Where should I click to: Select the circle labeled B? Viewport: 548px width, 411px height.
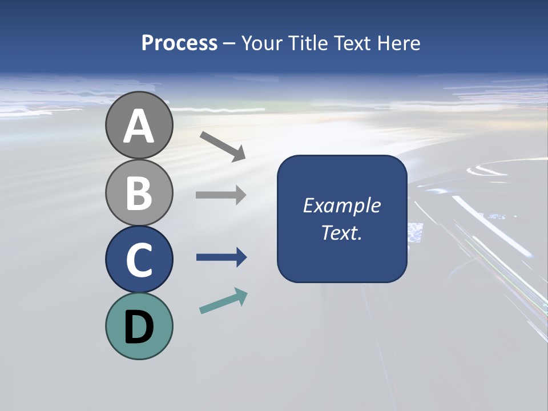click(x=139, y=192)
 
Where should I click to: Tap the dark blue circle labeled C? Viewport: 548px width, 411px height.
click(x=139, y=260)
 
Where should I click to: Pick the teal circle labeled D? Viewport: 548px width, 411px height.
click(x=139, y=326)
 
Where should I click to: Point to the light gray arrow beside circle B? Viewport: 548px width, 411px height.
click(x=221, y=195)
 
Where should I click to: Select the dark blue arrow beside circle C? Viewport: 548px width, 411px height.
click(x=221, y=258)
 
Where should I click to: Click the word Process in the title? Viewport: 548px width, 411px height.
click(x=179, y=43)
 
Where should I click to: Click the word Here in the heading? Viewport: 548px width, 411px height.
click(x=397, y=43)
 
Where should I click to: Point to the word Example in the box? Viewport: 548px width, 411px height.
click(x=341, y=205)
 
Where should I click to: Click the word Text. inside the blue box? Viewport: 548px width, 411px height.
click(x=341, y=232)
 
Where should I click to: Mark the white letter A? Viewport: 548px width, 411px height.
click(x=139, y=127)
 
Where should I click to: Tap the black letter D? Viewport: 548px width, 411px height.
click(x=139, y=328)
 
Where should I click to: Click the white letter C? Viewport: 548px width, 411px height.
click(x=139, y=261)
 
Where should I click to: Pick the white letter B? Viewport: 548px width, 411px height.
click(x=139, y=194)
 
